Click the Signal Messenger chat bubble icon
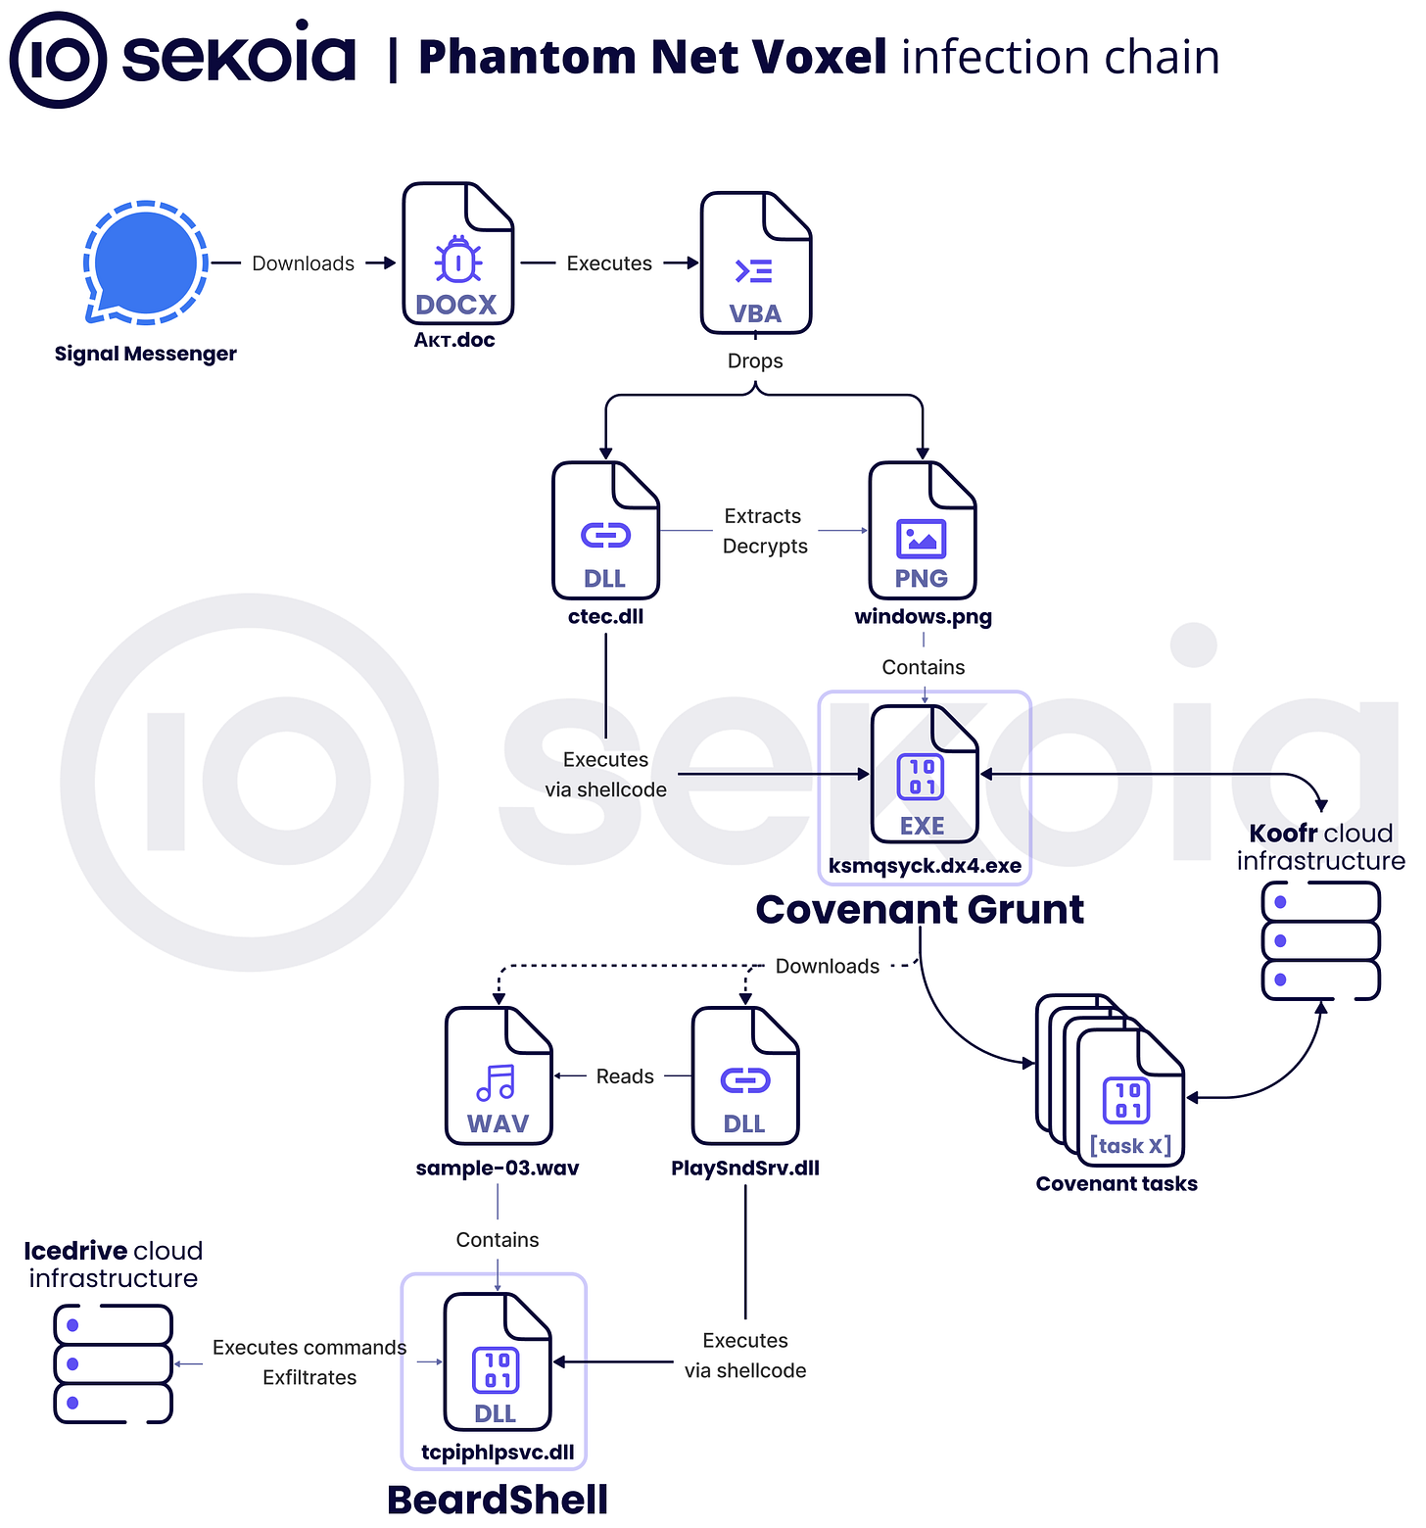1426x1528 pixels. (x=146, y=262)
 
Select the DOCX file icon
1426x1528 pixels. (x=457, y=254)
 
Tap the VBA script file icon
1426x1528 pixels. (x=755, y=263)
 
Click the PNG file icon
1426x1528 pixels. (x=922, y=531)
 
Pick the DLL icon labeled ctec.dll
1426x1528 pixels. (x=605, y=531)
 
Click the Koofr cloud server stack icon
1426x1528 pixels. (x=1320, y=940)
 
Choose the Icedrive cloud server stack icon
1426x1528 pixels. (x=114, y=1363)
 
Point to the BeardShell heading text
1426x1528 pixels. (x=498, y=1500)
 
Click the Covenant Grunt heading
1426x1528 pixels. (x=920, y=910)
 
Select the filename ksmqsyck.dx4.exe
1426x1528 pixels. (x=925, y=866)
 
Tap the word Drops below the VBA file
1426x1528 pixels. (x=755, y=360)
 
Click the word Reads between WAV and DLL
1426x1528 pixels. (x=625, y=1076)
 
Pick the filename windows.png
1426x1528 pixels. (x=923, y=616)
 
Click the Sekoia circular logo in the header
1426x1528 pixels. (x=58, y=59)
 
